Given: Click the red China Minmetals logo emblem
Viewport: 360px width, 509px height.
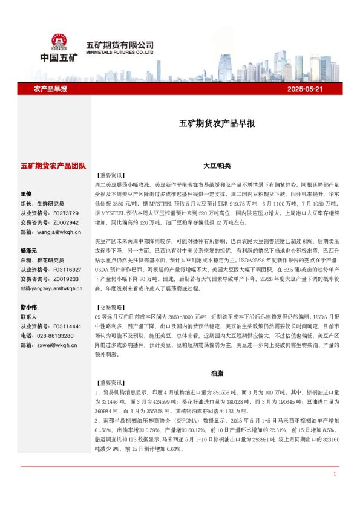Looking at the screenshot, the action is pyautogui.click(x=59, y=41).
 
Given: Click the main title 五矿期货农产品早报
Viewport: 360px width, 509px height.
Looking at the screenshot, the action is pyautogui.click(x=217, y=123).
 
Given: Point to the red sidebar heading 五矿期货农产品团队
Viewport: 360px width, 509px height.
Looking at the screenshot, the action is pyautogui.click(x=53, y=165).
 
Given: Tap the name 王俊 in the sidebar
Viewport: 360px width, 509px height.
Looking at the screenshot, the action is pyautogui.click(x=26, y=194).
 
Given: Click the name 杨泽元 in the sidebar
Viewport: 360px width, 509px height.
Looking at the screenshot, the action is pyautogui.click(x=28, y=250).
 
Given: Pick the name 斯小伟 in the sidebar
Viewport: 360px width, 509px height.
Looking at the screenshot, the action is pyautogui.click(x=28, y=306).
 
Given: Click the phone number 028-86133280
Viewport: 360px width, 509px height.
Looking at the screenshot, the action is pyautogui.click(x=57, y=335).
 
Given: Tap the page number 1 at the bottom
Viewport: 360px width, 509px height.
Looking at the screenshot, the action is pyautogui.click(x=335, y=491).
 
